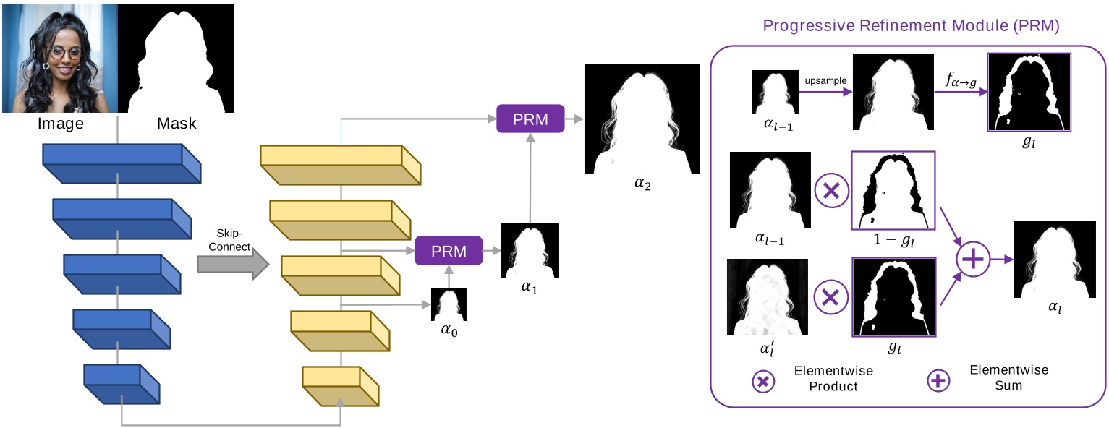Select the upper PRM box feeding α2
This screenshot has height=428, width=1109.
[530, 119]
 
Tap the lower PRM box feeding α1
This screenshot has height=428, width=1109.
[449, 251]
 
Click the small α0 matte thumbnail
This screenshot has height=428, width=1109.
[449, 304]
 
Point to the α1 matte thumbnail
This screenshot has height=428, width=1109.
[531, 251]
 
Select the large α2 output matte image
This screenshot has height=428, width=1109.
[642, 119]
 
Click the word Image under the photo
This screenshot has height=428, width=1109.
[61, 124]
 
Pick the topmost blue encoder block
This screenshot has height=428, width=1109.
[120, 162]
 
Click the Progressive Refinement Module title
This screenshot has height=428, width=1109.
[912, 27]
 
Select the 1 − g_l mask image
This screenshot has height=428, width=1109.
[894, 189]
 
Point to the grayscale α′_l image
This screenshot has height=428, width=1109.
[768, 297]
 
